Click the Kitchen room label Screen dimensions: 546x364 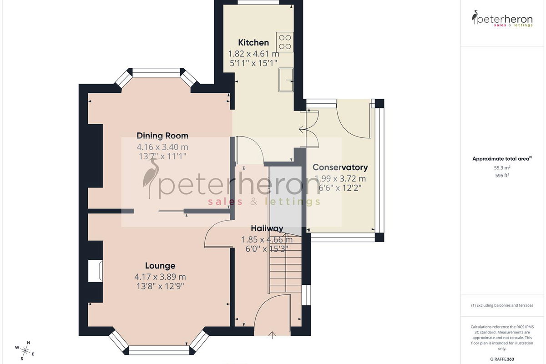pos(253,43)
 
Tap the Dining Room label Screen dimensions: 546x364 pos(162,136)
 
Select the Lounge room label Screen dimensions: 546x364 pos(160,266)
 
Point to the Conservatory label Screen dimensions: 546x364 pos(340,167)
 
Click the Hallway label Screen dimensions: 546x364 pos(267,228)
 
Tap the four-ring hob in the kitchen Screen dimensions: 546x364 pos(285,42)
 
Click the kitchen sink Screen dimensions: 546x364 pos(286,80)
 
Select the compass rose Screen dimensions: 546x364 pos(25,351)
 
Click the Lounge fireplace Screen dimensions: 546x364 pos(95,271)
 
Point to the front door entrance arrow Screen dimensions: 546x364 pos(272,335)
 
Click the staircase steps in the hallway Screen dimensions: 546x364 pos(285,264)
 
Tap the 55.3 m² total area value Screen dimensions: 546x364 pos(502,168)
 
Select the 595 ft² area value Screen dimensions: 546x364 pos(502,175)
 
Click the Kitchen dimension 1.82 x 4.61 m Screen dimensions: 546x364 pos(253,53)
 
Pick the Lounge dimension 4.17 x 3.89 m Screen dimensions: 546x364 pos(160,277)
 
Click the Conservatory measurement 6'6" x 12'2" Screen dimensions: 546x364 pos(340,188)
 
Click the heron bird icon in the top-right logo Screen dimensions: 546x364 pos(475,17)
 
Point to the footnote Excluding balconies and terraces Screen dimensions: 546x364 pos(502,305)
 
